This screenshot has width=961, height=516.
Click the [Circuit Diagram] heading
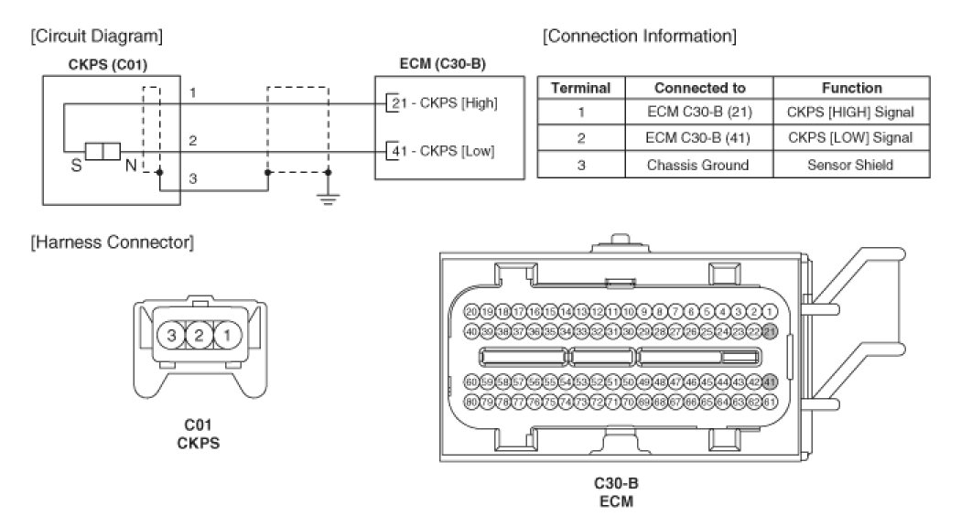pyautogui.click(x=97, y=38)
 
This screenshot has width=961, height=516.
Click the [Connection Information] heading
pyautogui.click(x=639, y=38)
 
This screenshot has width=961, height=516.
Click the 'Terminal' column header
pyautogui.click(x=580, y=88)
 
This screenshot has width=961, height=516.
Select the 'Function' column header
pyautogui.click(x=851, y=88)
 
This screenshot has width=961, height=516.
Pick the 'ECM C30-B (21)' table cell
pyautogui.click(x=700, y=113)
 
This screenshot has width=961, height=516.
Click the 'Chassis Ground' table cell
pyautogui.click(x=700, y=165)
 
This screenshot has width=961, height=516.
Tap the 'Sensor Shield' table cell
pyautogui.click(x=851, y=165)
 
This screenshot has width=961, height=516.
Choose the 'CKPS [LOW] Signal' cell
pyautogui.click(x=851, y=138)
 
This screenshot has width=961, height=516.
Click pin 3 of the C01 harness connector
pyautogui.click(x=171, y=336)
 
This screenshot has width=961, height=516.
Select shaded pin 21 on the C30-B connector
pyautogui.click(x=770, y=330)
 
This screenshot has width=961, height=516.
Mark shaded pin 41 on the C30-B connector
pyautogui.click(x=770, y=382)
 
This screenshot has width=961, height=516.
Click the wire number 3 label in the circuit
pyautogui.click(x=193, y=179)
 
